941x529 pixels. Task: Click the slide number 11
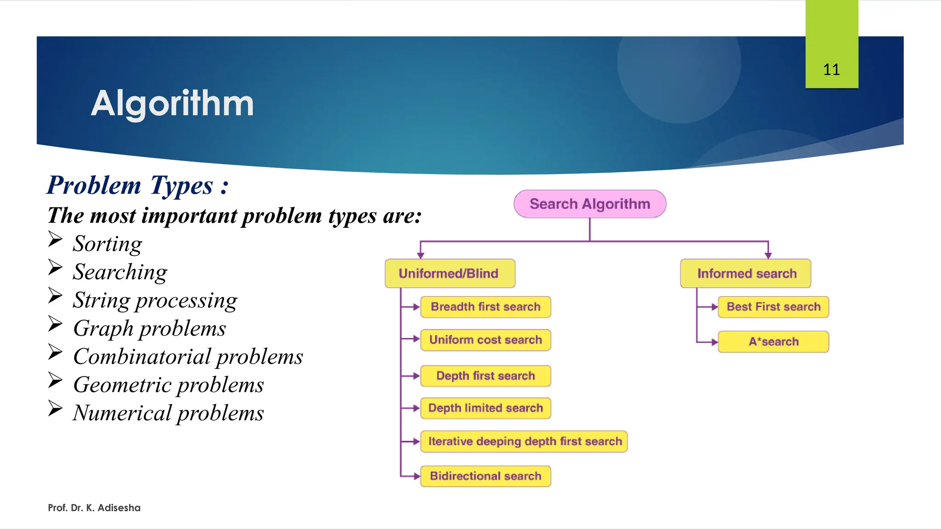click(x=831, y=70)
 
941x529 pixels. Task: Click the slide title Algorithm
click(x=172, y=103)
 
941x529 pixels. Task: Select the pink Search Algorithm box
click(x=590, y=204)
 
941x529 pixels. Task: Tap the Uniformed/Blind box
click(x=449, y=274)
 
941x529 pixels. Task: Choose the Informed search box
click(x=746, y=274)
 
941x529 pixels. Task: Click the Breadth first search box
click(x=485, y=307)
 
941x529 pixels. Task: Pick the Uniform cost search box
click(x=485, y=340)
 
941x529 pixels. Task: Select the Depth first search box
click(x=485, y=376)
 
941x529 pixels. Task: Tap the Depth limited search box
click(x=485, y=408)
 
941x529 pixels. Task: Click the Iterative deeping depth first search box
click(x=524, y=441)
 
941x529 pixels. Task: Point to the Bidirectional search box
click(x=485, y=476)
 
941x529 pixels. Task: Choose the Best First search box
click(x=773, y=307)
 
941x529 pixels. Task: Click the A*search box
click(x=773, y=342)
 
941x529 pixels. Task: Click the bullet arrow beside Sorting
click(x=55, y=239)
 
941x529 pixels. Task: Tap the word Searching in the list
click(x=120, y=272)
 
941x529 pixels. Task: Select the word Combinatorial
click(x=142, y=356)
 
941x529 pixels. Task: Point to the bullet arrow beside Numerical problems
click(x=55, y=408)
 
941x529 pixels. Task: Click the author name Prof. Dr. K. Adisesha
click(x=94, y=507)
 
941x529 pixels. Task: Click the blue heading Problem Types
click(x=137, y=185)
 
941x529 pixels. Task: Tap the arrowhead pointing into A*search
click(x=714, y=342)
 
